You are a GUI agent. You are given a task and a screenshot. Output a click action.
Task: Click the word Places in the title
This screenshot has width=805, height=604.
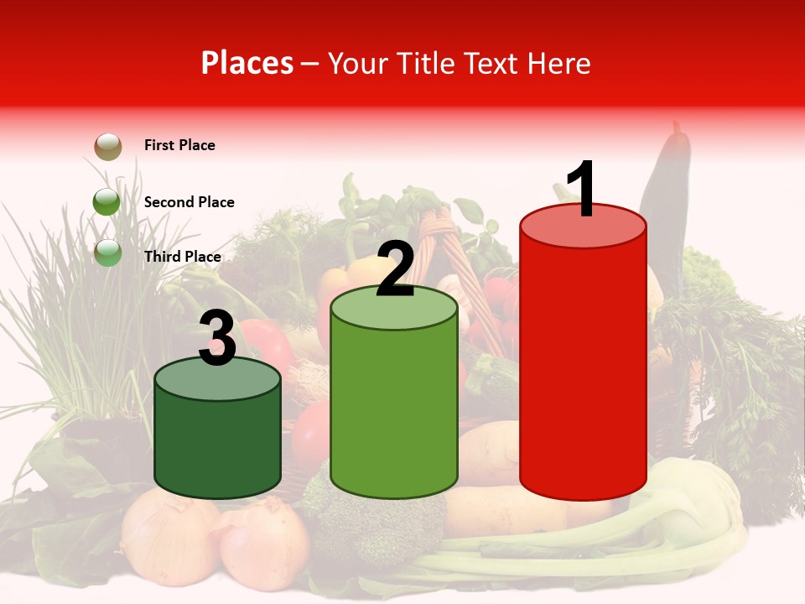pos(247,63)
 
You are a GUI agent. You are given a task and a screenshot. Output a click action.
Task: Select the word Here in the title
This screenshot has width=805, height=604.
pos(559,63)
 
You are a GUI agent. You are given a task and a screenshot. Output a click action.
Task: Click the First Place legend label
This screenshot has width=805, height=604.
pos(179,145)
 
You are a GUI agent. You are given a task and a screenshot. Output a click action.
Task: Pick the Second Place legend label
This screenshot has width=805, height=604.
pos(189,202)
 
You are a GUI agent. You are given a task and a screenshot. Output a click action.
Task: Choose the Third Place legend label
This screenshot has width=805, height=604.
pos(182,257)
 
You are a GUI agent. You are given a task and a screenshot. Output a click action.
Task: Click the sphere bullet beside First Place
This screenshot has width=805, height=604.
pos(107,146)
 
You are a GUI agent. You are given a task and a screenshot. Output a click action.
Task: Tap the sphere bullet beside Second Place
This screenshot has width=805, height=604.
pos(106,201)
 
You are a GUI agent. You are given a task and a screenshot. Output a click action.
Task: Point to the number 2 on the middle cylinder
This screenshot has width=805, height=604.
pos(395,268)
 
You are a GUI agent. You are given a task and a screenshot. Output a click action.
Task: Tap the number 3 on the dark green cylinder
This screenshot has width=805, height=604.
pos(217,337)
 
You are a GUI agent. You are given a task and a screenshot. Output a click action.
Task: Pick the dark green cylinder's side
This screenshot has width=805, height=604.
pos(217,445)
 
